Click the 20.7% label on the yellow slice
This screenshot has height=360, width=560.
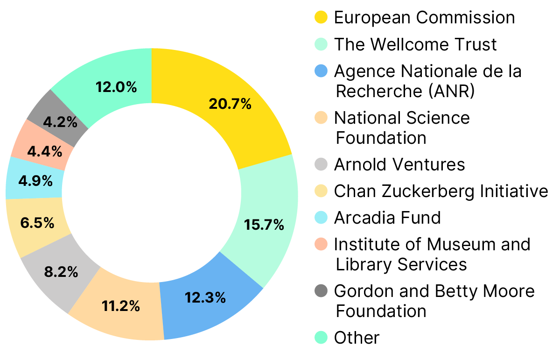point(230,104)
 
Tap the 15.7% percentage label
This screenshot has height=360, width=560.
point(264,225)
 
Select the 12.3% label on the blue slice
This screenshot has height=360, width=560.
point(205,297)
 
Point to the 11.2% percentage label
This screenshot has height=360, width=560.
point(121,306)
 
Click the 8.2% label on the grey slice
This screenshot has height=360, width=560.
point(61,272)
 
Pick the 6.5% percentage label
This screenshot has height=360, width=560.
point(37,223)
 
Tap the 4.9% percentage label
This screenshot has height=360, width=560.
point(35,181)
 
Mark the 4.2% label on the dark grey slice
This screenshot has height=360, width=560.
point(60,122)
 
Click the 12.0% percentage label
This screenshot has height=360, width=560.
point(116,87)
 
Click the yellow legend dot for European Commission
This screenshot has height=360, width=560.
point(321,18)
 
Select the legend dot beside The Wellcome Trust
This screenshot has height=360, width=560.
point(321,44)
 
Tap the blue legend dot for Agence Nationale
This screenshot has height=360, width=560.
point(321,71)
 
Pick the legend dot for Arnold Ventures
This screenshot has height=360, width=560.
point(321,164)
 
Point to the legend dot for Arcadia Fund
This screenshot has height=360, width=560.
point(321,218)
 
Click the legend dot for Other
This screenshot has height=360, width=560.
point(321,337)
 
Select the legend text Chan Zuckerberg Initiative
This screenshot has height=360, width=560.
point(441,191)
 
